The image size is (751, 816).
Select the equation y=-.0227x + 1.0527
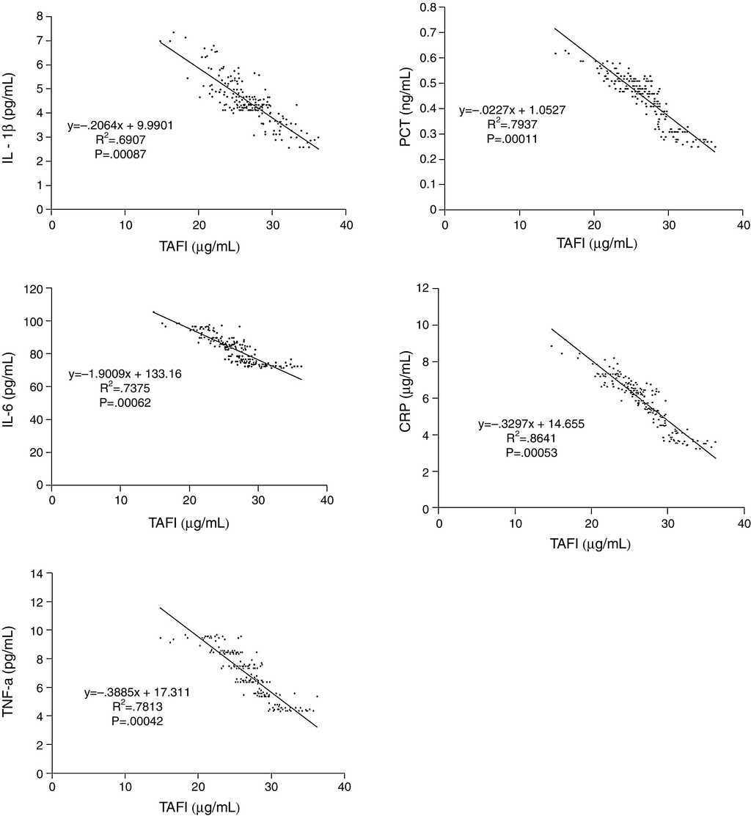tap(513, 111)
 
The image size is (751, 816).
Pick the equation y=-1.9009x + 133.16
tap(125, 374)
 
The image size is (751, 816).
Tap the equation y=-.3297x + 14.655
tap(532, 424)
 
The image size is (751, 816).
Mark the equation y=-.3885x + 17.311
tap(137, 691)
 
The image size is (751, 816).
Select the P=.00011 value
tap(513, 139)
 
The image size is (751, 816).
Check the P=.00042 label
tap(137, 721)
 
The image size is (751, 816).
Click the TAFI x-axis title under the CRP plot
tap(591, 543)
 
